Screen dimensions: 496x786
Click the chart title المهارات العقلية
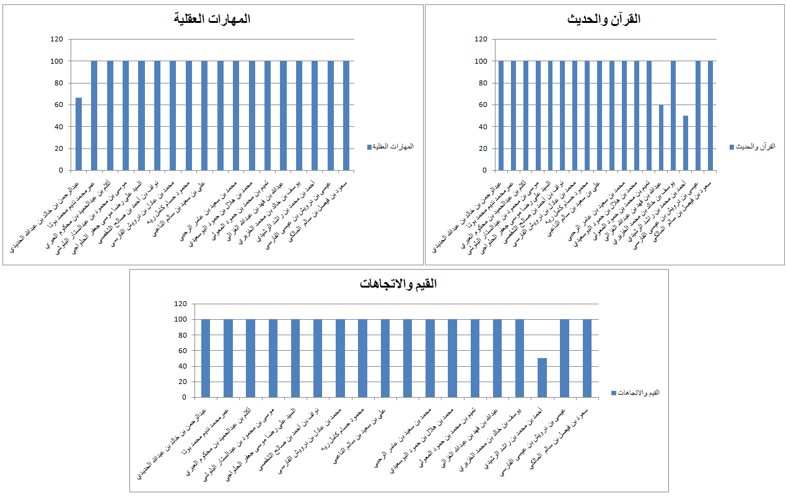[x=212, y=19]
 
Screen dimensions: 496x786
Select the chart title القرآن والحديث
[x=604, y=19]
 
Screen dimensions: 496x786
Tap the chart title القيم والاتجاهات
[x=398, y=284]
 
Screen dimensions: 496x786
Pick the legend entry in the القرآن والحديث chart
[x=751, y=147]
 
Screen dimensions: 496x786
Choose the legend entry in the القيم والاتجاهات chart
[x=635, y=393]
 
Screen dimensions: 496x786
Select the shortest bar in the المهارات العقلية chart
[x=79, y=134]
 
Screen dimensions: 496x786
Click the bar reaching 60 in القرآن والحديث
[x=661, y=137]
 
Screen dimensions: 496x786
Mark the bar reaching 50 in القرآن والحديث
[x=686, y=143]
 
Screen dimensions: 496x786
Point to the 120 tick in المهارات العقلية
[x=57, y=40]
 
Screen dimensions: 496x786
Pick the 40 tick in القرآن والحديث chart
[x=481, y=127]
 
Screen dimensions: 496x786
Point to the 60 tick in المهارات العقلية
[x=59, y=105]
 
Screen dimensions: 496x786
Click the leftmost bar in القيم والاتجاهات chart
[x=206, y=358]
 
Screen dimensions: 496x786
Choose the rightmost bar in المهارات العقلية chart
[x=346, y=116]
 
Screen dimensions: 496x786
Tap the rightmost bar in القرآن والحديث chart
[x=710, y=116]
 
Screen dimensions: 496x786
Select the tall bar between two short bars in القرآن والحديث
[x=673, y=116]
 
